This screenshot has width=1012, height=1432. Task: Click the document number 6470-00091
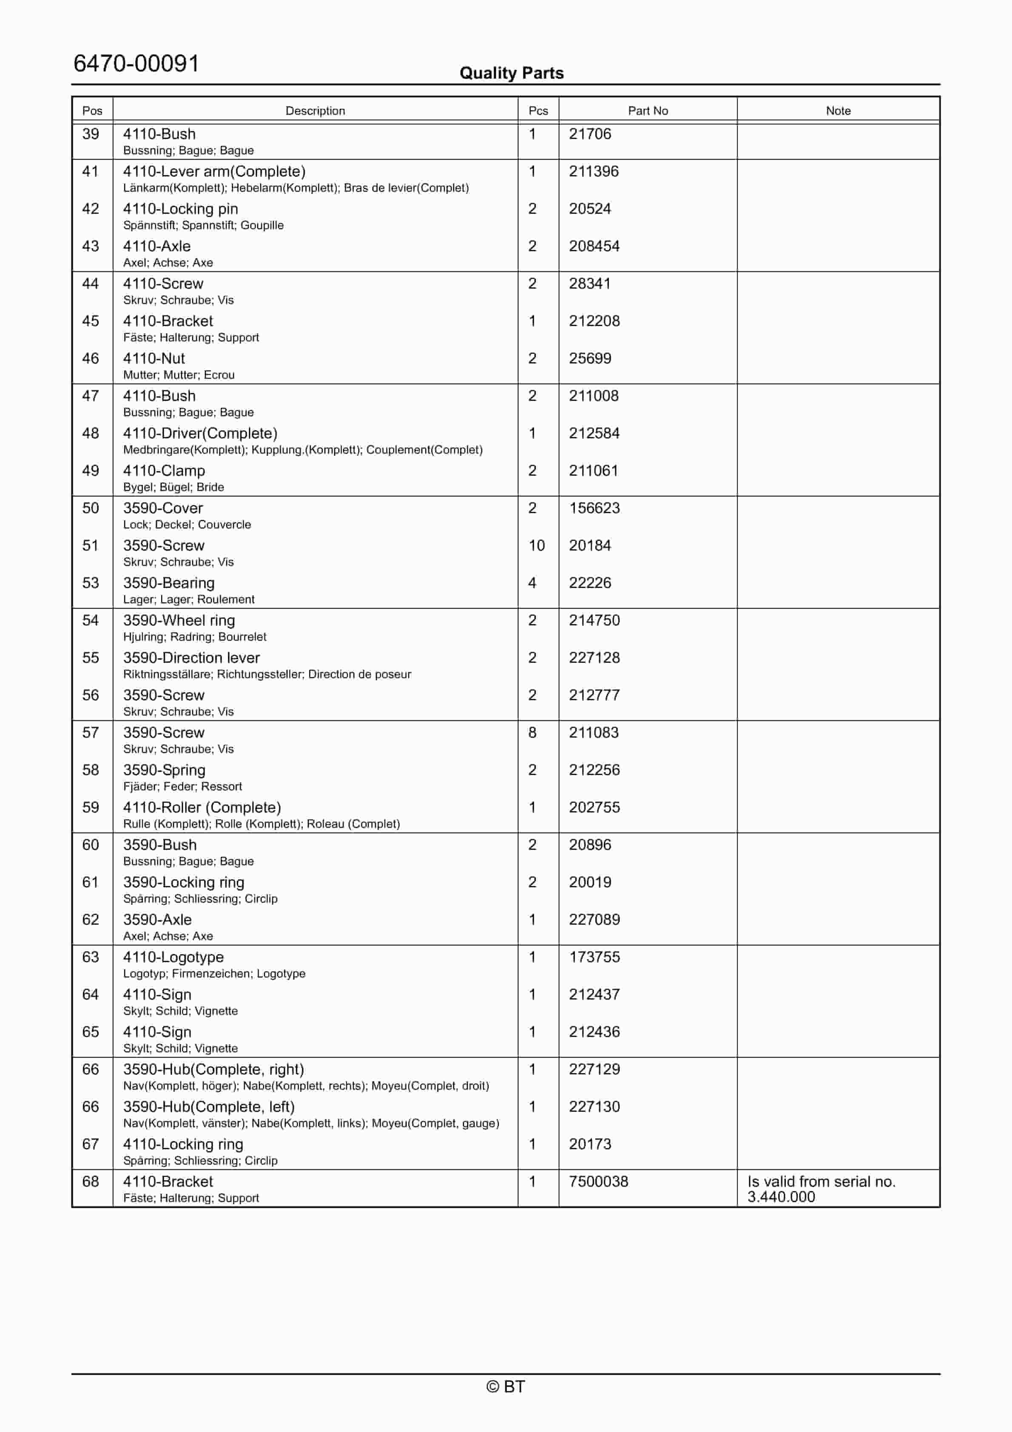tap(136, 64)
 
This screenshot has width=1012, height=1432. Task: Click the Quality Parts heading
tap(511, 73)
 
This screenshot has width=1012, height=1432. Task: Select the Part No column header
tap(648, 111)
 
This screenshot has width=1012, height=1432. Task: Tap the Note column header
tap(838, 111)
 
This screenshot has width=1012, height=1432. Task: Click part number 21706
tap(590, 134)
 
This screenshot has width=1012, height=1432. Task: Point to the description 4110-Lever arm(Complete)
tap(214, 171)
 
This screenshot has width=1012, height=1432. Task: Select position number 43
tap(91, 246)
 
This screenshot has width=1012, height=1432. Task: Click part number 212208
tap(594, 321)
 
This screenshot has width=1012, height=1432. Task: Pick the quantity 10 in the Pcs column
tap(537, 546)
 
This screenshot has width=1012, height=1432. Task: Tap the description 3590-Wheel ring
tap(179, 621)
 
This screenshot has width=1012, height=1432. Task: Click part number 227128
tap(594, 658)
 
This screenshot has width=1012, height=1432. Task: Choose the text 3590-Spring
tap(164, 770)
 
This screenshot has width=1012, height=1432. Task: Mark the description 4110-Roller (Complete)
tap(202, 808)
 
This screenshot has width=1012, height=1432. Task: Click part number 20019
tap(590, 883)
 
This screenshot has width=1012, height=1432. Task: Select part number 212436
tap(594, 1032)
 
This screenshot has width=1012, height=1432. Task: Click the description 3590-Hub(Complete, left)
tap(208, 1107)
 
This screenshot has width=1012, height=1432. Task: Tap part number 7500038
tap(598, 1182)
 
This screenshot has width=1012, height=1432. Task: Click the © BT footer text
tap(506, 1387)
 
